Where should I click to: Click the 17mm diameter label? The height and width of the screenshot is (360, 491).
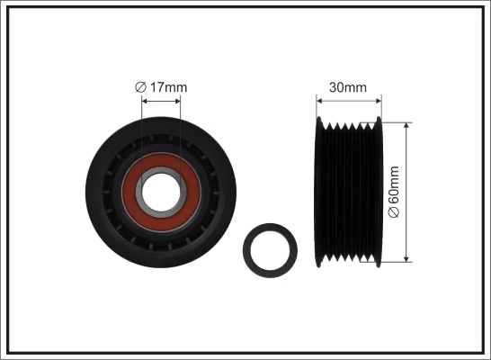tap(161, 86)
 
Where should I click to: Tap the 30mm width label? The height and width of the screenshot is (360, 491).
tap(348, 87)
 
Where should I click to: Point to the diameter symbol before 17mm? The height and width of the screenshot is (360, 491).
tap(140, 86)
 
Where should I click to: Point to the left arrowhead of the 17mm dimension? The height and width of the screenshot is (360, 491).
tap(145, 100)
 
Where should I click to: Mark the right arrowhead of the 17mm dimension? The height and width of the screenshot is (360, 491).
tap(177, 100)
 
